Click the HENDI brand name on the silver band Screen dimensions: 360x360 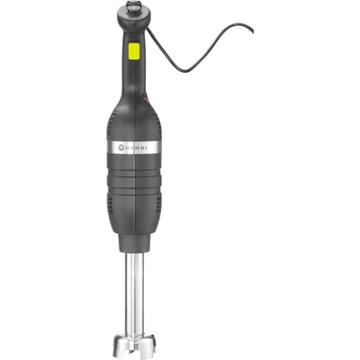(136, 147)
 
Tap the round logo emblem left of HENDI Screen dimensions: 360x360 (121, 147)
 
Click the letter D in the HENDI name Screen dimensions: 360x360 (142, 147)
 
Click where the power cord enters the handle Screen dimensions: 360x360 (147, 30)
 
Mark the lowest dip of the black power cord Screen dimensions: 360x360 (185, 71)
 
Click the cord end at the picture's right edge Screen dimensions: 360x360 (253, 31)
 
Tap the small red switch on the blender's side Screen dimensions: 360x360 (147, 97)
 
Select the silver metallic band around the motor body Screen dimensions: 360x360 (134, 147)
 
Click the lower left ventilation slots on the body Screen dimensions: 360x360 (111, 205)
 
